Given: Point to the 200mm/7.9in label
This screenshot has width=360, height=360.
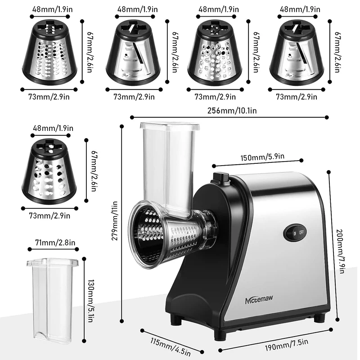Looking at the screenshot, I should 342,250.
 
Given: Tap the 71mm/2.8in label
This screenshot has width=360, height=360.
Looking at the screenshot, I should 52,243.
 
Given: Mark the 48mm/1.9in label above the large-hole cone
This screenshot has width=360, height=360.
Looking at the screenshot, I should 52,128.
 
